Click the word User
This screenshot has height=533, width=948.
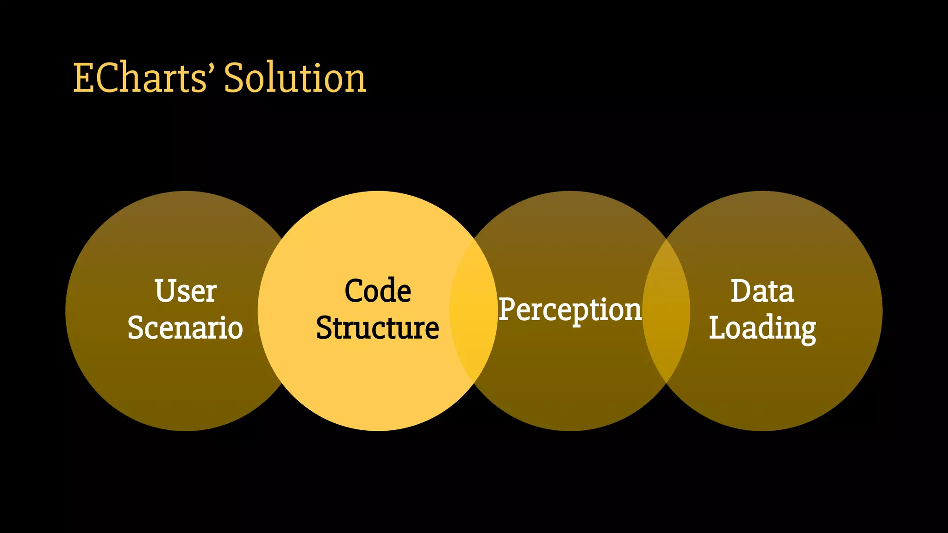pyautogui.click(x=186, y=291)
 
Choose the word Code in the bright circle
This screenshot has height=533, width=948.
pyautogui.click(x=378, y=291)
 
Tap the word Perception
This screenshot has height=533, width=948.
pyautogui.click(x=570, y=310)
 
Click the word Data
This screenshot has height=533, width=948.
pyautogui.click(x=762, y=291)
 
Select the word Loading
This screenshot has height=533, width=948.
pyautogui.click(x=762, y=328)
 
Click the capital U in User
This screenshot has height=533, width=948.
pyautogui.click(x=165, y=291)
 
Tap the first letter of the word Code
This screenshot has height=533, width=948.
pyautogui.click(x=354, y=291)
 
